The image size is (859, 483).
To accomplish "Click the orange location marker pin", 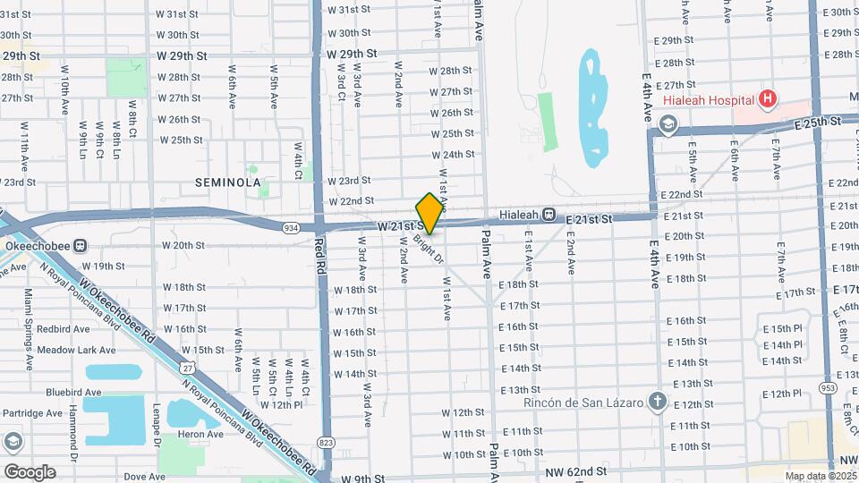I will pyautogui.click(x=429, y=213).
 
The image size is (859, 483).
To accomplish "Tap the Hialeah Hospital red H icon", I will pyautogui.click(x=766, y=99).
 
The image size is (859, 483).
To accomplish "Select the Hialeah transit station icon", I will pyautogui.click(x=549, y=217).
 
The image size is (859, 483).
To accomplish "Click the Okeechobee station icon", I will pyautogui.click(x=81, y=244).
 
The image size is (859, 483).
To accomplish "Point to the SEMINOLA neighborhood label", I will pyautogui.click(x=227, y=182).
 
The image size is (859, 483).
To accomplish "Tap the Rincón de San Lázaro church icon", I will pyautogui.click(x=657, y=401).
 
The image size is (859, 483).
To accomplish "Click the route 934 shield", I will pyautogui.click(x=292, y=228).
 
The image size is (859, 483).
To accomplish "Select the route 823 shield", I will pyautogui.click(x=326, y=445).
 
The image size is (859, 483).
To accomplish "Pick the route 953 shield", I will pyautogui.click(x=829, y=388).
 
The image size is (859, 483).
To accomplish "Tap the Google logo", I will pyautogui.click(x=30, y=471).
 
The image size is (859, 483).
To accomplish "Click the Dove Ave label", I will pyautogui.click(x=144, y=477).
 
